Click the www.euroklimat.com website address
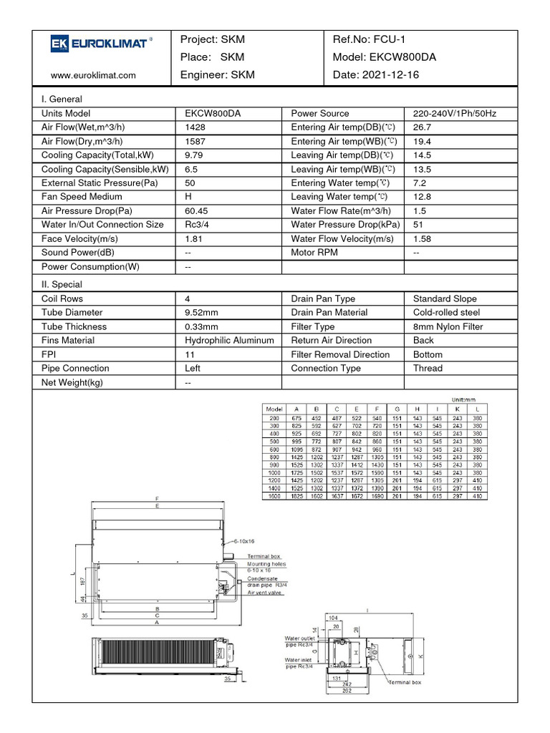click(93, 74)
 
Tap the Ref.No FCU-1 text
click(370, 39)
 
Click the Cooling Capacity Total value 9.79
click(195, 155)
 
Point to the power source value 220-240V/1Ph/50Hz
click(455, 114)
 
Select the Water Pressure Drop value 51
click(419, 225)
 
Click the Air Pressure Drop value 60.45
click(196, 211)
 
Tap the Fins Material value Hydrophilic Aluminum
click(229, 341)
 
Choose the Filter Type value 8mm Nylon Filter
click(448, 327)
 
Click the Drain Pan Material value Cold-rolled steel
click(447, 313)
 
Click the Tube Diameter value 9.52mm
click(203, 313)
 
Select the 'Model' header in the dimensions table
click(275, 409)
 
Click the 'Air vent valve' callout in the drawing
click(264, 593)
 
